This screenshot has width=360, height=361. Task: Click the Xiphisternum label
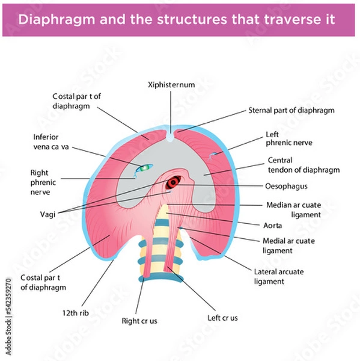click(171, 85)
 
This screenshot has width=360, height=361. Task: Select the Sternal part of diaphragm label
click(291, 111)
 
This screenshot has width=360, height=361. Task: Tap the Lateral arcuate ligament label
click(278, 276)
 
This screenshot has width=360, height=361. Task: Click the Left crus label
click(222, 318)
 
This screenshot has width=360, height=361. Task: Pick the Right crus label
click(139, 321)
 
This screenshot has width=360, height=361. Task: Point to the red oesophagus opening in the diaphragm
click(175, 181)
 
